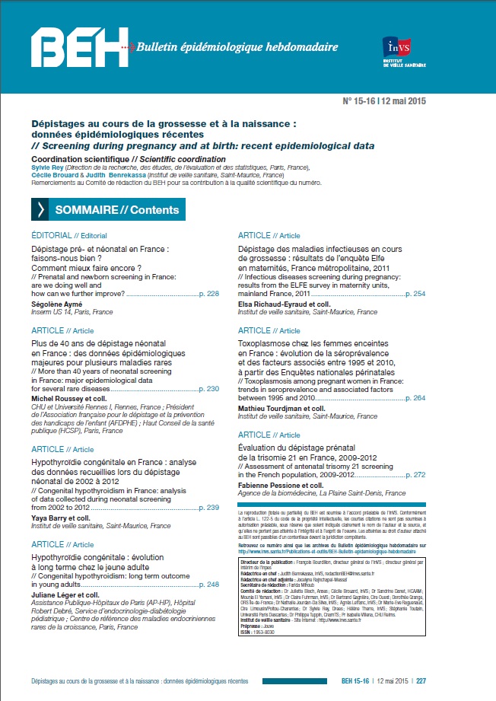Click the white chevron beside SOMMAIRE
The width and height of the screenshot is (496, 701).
point(40,210)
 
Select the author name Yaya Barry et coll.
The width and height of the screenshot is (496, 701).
point(66,496)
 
